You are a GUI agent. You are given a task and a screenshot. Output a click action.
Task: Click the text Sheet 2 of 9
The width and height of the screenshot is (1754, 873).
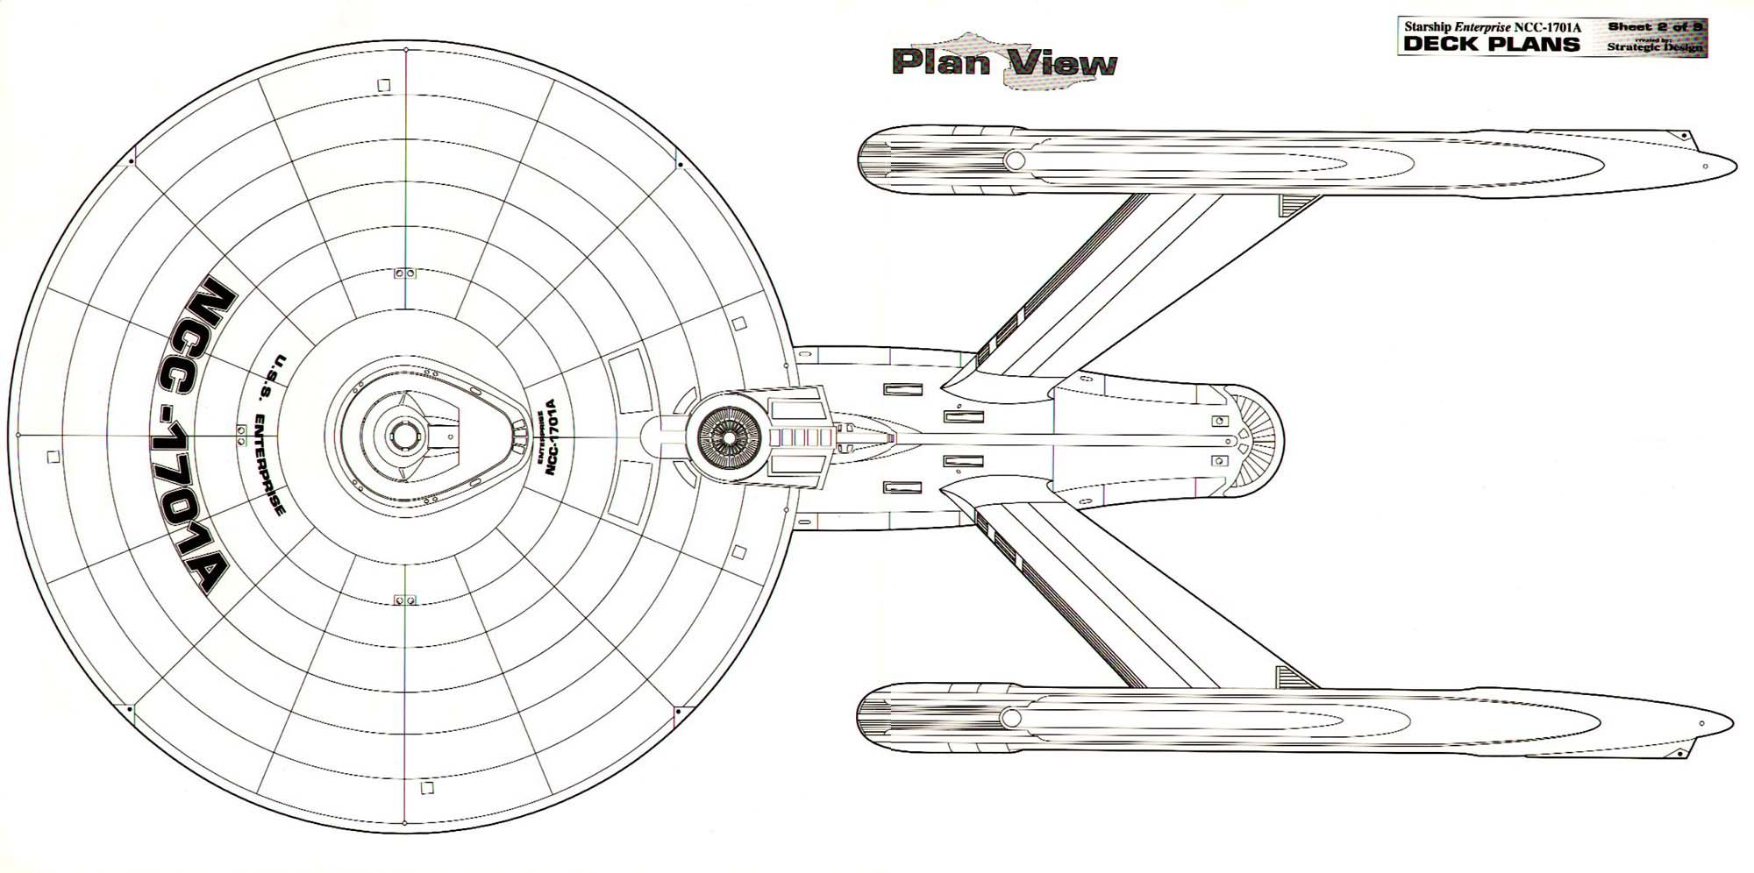pyautogui.click(x=1654, y=27)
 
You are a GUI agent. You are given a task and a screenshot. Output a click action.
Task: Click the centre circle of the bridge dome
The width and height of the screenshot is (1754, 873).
pyautogui.click(x=403, y=435)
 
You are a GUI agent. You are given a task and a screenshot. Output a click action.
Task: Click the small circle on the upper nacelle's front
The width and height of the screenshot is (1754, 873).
pyautogui.click(x=1015, y=160)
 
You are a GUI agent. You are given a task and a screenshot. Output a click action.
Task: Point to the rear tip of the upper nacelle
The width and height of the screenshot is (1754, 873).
pyautogui.click(x=1733, y=165)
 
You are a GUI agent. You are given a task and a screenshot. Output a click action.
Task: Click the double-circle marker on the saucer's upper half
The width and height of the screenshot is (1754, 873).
pyautogui.click(x=405, y=273)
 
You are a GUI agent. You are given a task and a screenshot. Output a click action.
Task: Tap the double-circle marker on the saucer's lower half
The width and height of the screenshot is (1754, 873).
pyautogui.click(x=405, y=600)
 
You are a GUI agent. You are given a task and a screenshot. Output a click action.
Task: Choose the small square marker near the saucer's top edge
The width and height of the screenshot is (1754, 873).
pyautogui.click(x=382, y=85)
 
